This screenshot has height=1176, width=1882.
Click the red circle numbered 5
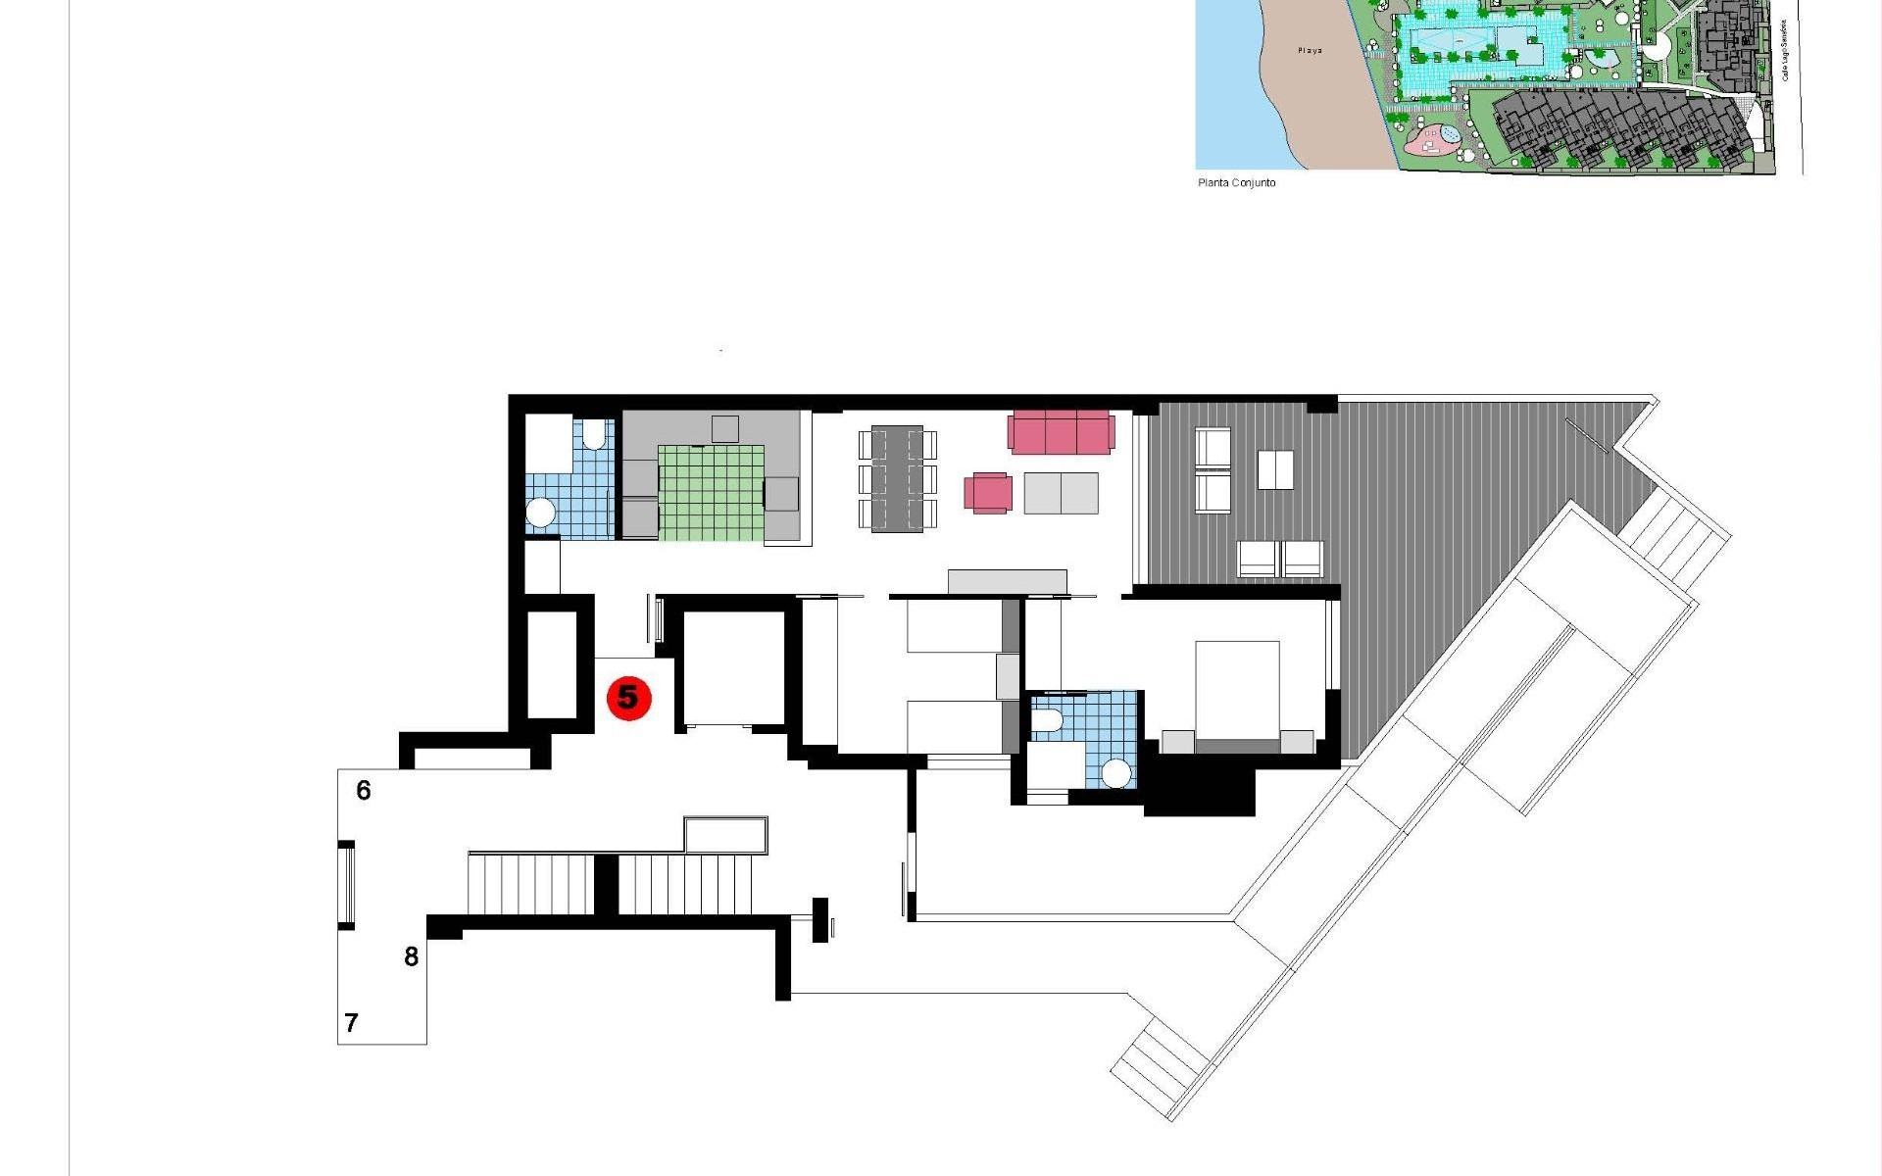pos(628,698)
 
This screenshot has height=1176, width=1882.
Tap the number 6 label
pos(364,790)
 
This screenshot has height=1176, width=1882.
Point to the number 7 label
pos(352,1023)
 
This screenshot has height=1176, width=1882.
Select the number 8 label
pos(412,956)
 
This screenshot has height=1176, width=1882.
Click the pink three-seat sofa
pos(1061,432)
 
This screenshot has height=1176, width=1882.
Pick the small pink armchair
pos(988,493)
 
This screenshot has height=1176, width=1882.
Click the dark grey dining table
pos(897,478)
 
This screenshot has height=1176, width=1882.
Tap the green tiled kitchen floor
pos(711,493)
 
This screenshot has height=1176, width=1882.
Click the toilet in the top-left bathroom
pos(594,434)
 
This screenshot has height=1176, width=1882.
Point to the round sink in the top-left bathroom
pos(541,513)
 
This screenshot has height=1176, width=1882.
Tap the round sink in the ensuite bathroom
pos(1115,773)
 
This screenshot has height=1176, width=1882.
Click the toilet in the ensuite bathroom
pos(1047,721)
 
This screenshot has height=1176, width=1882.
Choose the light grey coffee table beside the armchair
pos(1061,493)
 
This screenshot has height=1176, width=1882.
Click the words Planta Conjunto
pos(1236,183)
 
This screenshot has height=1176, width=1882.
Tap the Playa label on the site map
pos(1310,50)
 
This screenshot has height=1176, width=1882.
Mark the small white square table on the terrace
pos(1274,469)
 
